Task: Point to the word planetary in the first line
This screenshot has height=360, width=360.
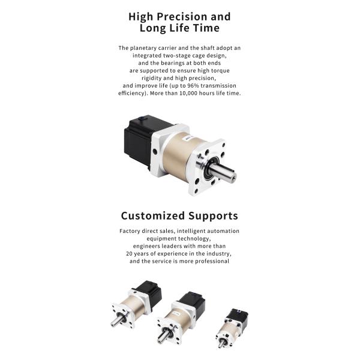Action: (x=142, y=48)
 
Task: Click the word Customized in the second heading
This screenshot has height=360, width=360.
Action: (x=153, y=216)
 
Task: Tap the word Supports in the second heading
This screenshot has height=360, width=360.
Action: (x=213, y=216)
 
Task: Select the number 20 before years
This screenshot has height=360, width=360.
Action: (x=129, y=254)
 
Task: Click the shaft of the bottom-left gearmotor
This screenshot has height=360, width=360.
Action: (x=116, y=321)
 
